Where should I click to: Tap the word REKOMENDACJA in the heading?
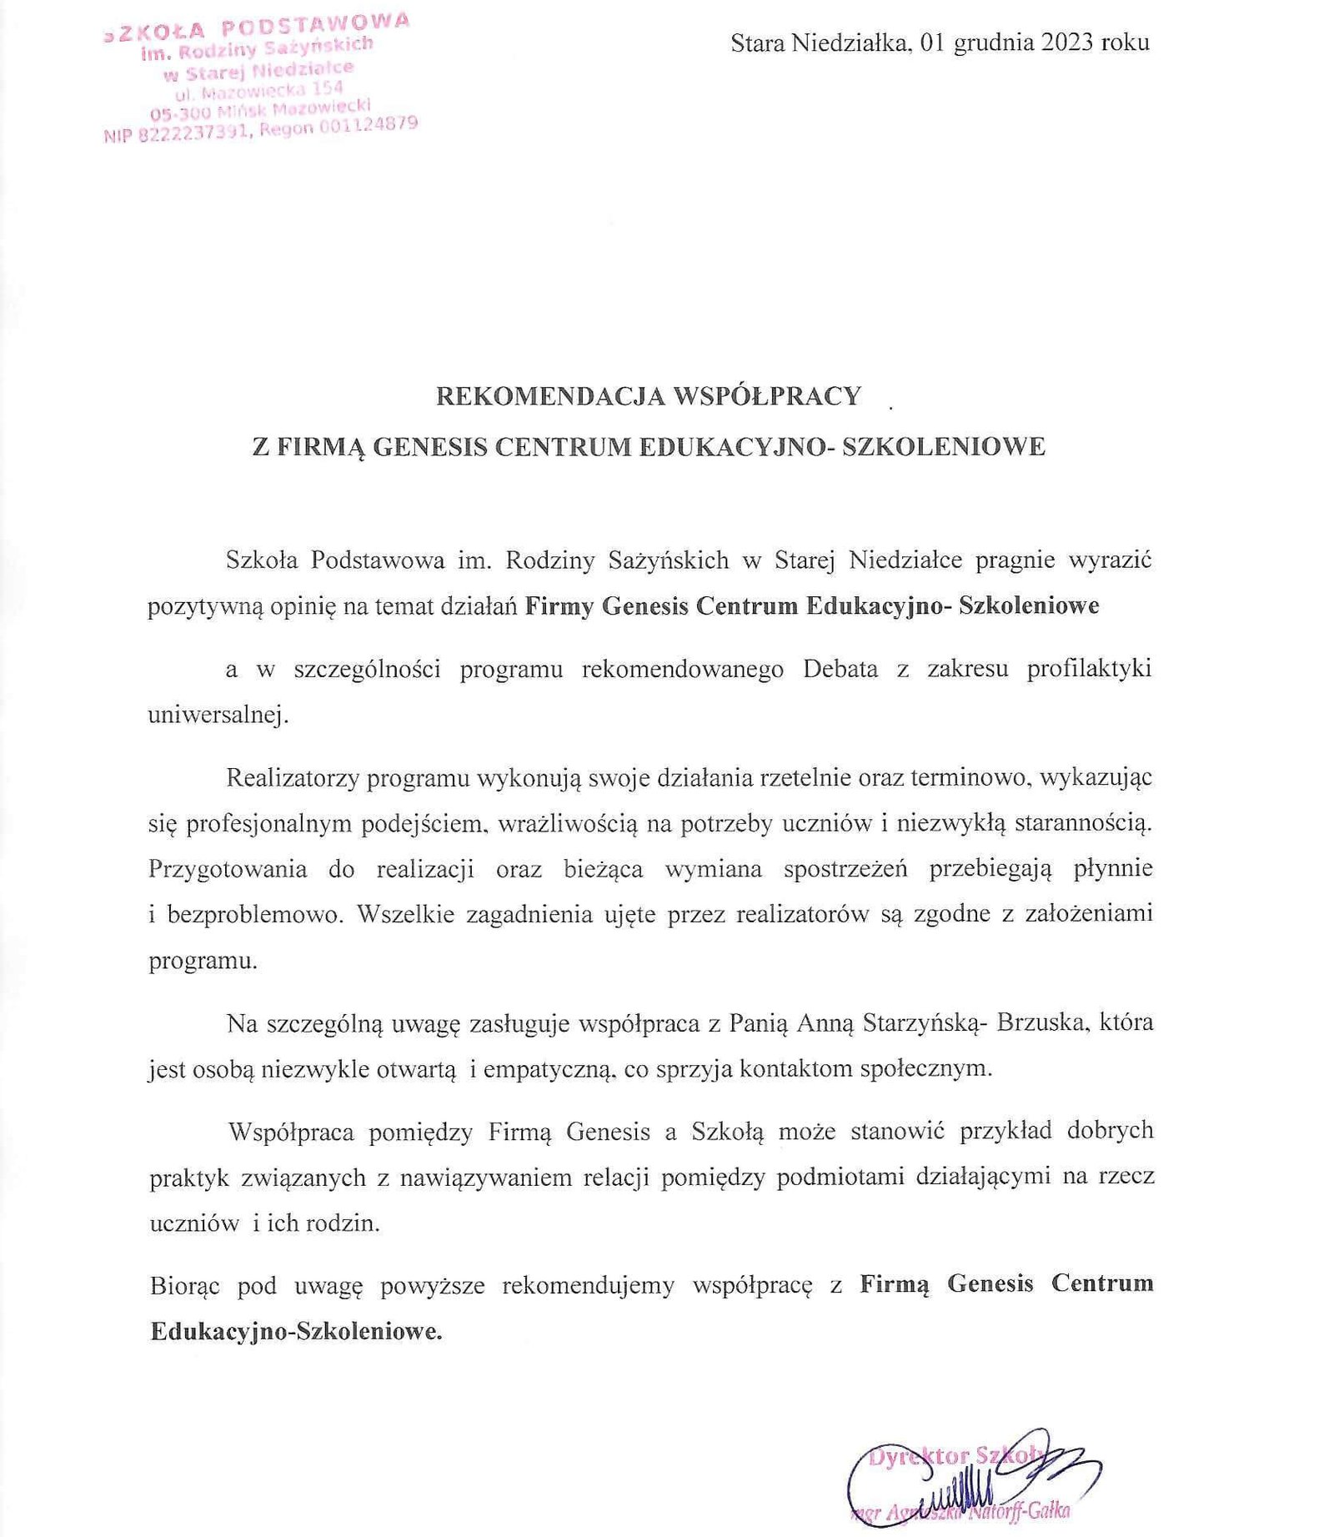[549, 396]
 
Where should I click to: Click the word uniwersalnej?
[218, 716]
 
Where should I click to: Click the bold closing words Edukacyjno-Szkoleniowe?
[296, 1331]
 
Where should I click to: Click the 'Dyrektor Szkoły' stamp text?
[955, 1456]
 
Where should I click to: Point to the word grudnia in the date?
[991, 43]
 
